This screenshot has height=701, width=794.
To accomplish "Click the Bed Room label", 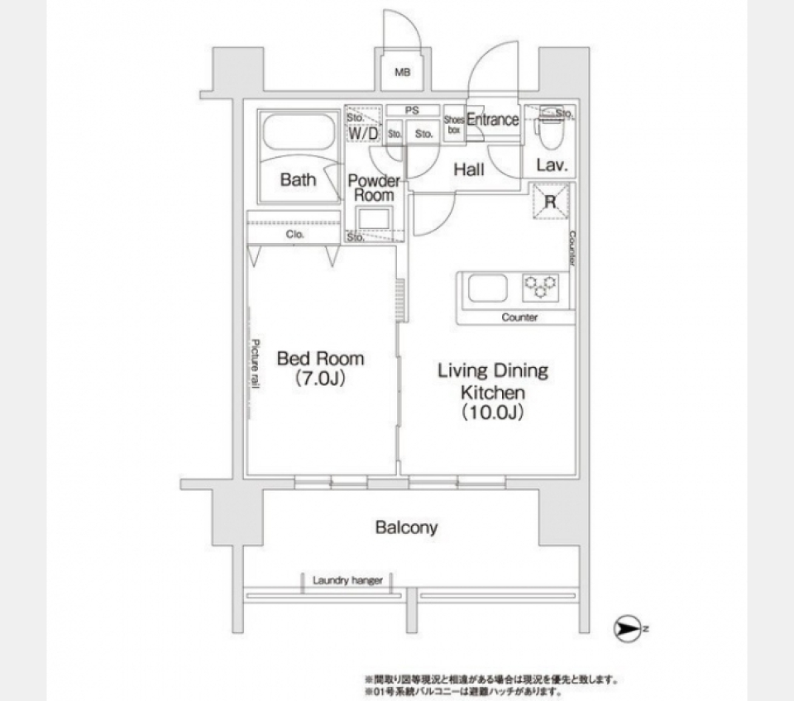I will tap(320, 359).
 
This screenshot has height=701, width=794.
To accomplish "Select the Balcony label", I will tap(406, 527).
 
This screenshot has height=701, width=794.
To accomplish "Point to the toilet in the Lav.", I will tap(547, 130).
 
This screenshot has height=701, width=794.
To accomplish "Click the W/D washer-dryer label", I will tap(363, 132).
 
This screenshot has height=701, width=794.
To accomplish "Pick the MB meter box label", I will tap(402, 73).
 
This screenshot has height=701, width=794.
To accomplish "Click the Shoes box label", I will tap(453, 124).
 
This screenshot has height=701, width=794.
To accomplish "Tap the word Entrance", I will tap(493, 120).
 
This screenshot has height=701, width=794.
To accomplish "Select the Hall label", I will tap(469, 170).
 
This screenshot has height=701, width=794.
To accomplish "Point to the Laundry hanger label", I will tap(347, 580).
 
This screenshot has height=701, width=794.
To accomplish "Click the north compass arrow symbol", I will tap(628, 630).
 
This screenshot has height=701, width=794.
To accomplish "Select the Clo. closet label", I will tap(295, 235).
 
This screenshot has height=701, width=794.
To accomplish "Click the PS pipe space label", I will tap(411, 110).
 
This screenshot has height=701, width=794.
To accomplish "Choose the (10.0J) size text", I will tap(493, 413).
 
